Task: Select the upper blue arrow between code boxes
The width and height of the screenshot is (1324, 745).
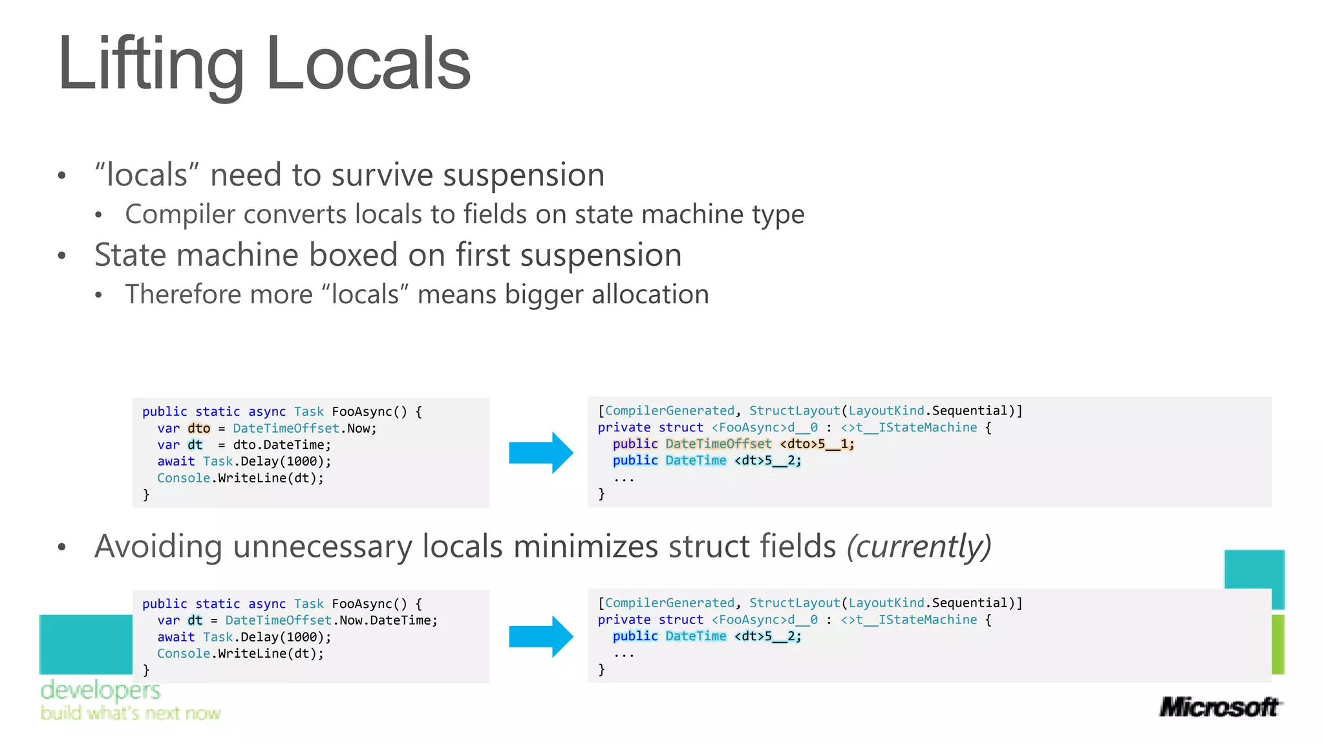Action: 540,453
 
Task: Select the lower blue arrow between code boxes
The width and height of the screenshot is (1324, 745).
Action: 540,636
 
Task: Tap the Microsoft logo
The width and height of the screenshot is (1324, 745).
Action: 1219,707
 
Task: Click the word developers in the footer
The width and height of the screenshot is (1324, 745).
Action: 100,691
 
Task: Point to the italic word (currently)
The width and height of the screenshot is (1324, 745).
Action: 919,546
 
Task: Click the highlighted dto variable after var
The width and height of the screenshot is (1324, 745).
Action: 198,428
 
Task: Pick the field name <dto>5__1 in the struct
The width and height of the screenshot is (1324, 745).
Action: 817,444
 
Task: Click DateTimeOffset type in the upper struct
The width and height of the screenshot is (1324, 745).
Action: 718,444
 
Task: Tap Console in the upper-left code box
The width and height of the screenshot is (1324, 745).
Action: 184,478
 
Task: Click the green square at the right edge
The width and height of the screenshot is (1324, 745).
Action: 1277,644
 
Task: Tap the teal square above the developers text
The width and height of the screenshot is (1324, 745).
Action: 85,644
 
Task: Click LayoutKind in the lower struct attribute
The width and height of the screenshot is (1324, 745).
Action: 886,603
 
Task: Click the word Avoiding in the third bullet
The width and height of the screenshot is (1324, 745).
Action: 159,546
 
